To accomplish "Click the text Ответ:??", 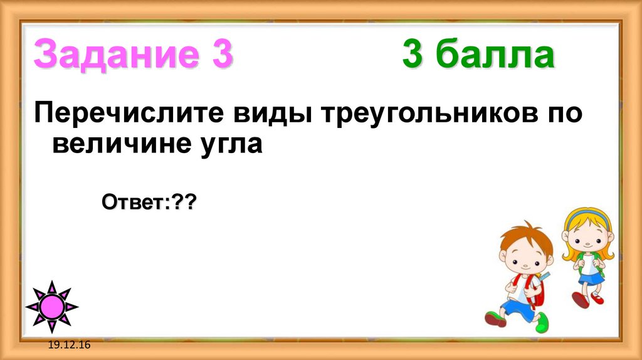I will coord(149,203).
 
